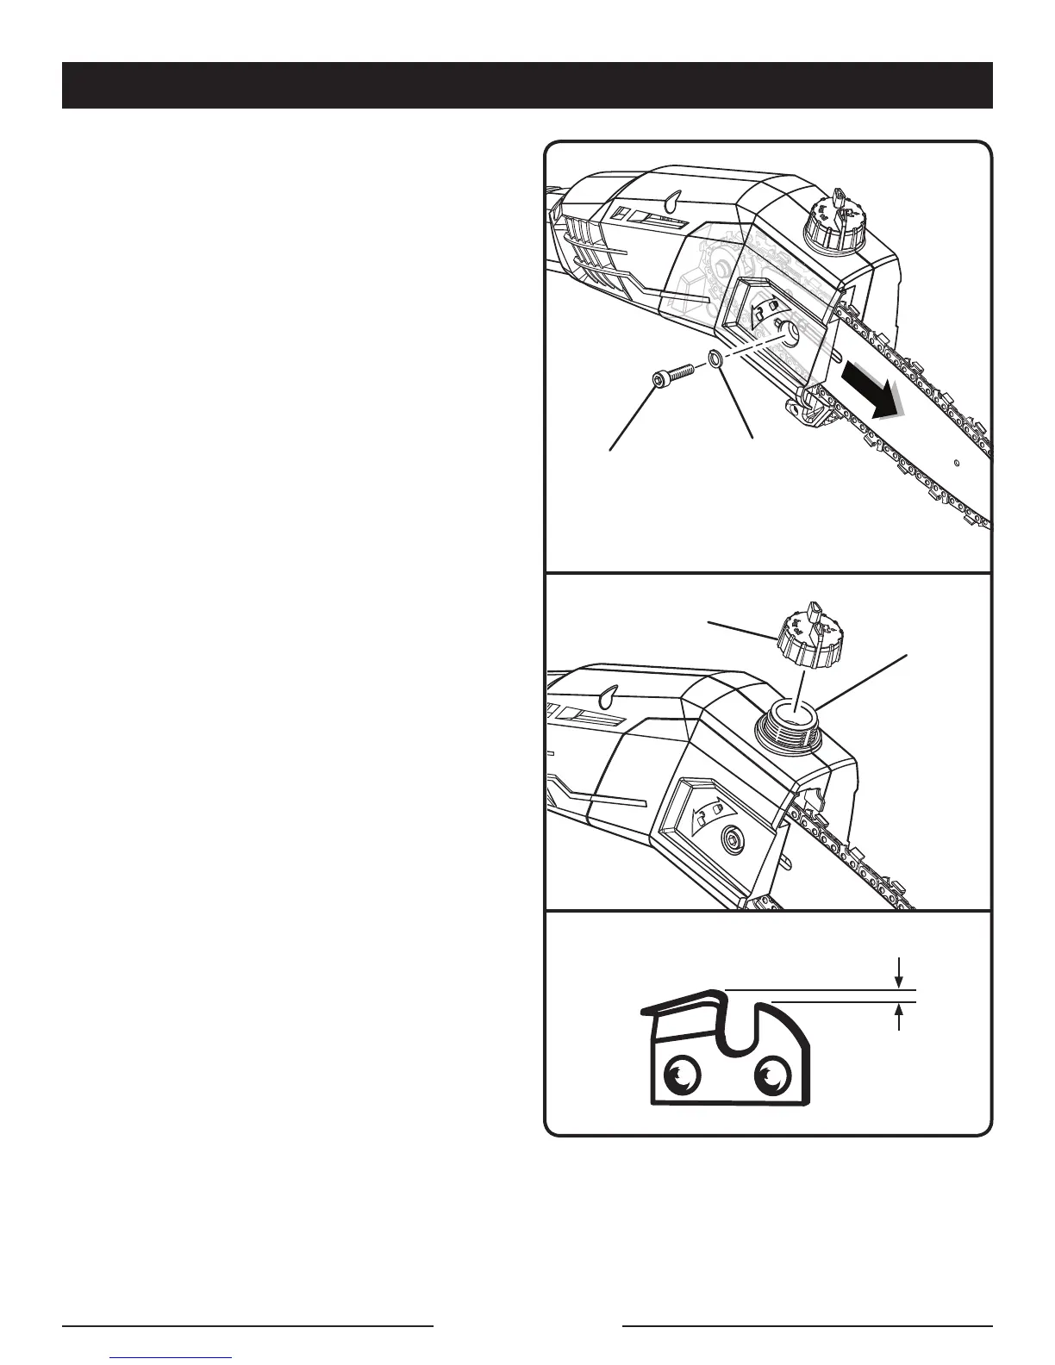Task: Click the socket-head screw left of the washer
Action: pyautogui.click(x=669, y=378)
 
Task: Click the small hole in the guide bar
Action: pyautogui.click(x=958, y=462)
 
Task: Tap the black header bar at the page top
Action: pyautogui.click(x=527, y=85)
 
